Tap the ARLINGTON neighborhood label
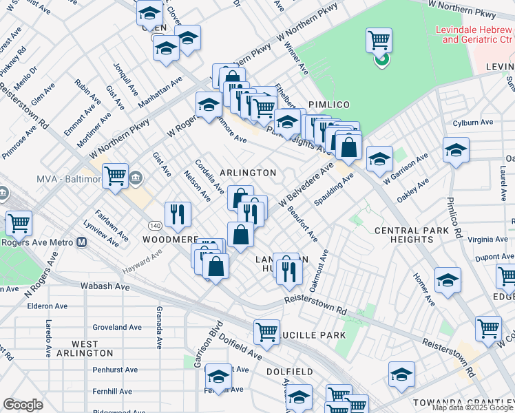248,173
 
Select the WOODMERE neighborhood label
170,240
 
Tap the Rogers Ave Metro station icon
81,242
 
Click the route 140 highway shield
157,225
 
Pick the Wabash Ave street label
105,286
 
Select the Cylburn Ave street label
473,123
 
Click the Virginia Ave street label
487,240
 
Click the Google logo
23,405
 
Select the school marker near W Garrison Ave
379,159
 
